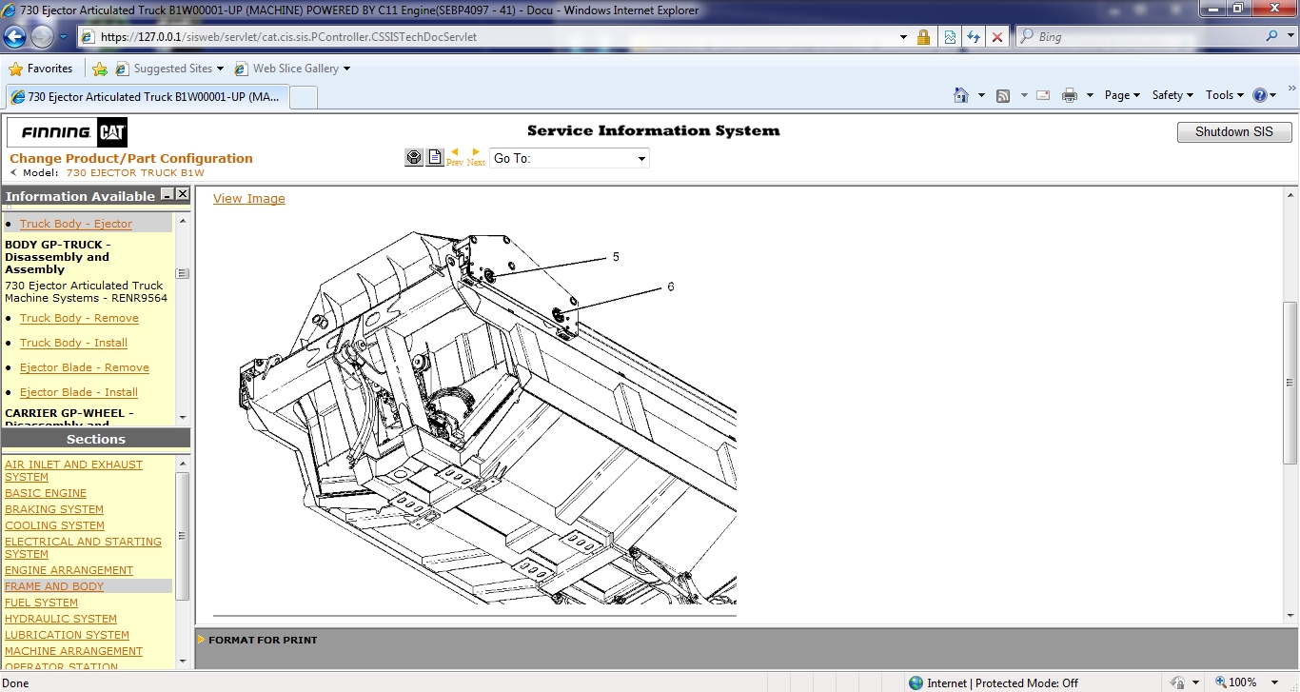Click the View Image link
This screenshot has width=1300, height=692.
pyautogui.click(x=248, y=199)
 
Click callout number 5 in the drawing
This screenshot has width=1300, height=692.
pyautogui.click(x=616, y=257)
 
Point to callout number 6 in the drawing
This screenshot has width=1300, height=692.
pyautogui.click(x=670, y=287)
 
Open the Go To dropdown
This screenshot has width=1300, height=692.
pyautogui.click(x=569, y=158)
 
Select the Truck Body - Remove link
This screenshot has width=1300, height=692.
pyautogui.click(x=79, y=318)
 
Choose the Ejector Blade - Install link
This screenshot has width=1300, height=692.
pyautogui.click(x=79, y=392)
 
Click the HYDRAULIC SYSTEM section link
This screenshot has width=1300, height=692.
pyautogui.click(x=61, y=619)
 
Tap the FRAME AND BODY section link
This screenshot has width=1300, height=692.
pyautogui.click(x=54, y=586)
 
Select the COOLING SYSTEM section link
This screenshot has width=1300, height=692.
pyautogui.click(x=54, y=525)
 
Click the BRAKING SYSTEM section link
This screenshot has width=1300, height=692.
pyautogui.click(x=54, y=509)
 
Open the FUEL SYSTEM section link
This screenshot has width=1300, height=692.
pyautogui.click(x=41, y=603)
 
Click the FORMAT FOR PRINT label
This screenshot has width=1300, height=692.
pyautogui.click(x=263, y=640)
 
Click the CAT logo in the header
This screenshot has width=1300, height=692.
pyautogui.click(x=111, y=132)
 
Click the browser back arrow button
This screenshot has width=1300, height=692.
pyautogui.click(x=15, y=37)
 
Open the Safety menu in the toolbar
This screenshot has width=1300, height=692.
pyautogui.click(x=1172, y=95)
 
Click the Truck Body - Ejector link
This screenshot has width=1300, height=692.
pyautogui.click(x=76, y=224)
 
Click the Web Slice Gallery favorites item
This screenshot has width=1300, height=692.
pyautogui.click(x=295, y=69)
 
